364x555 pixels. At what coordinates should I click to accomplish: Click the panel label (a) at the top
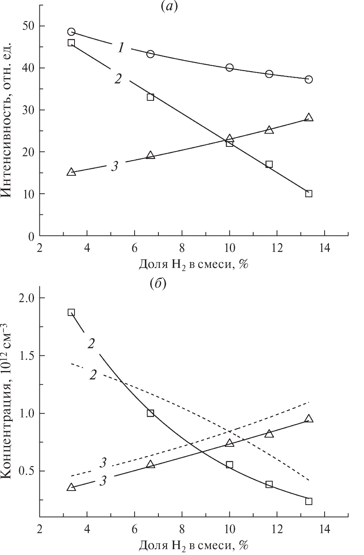[x=169, y=7]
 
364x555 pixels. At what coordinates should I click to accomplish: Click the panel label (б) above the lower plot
[x=158, y=284]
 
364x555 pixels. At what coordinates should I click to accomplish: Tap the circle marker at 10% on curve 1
[x=229, y=68]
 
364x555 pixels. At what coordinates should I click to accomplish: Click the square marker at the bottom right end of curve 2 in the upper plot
[x=309, y=194]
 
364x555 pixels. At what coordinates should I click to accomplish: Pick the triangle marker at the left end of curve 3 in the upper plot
[x=71, y=172]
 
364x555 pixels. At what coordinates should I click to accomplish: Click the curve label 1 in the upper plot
[x=121, y=48]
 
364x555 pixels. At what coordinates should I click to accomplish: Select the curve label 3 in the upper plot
[x=114, y=166]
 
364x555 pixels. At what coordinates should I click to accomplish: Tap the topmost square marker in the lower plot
[x=71, y=312]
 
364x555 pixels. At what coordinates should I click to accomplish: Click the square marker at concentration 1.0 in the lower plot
[x=151, y=413]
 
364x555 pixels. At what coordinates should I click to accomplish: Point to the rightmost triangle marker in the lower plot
[x=309, y=419]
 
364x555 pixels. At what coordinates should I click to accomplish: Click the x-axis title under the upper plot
[x=194, y=265]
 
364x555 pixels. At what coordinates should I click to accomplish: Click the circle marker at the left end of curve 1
[x=71, y=32]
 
